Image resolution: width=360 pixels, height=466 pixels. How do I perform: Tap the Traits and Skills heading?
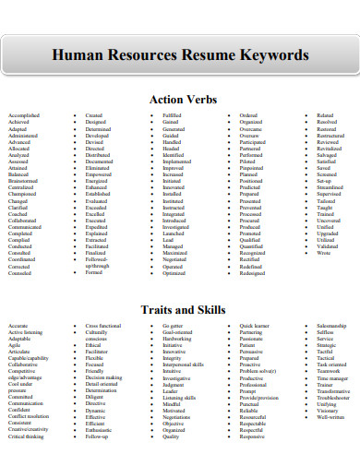point(181,310)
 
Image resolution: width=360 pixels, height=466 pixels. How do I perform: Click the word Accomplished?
point(24,115)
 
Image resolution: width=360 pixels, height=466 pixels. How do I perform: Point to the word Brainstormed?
point(25,181)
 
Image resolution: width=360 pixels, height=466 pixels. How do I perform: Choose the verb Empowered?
point(100,174)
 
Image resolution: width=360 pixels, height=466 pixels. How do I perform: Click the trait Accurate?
point(18,327)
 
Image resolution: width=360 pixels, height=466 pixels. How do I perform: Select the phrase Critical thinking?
point(28,436)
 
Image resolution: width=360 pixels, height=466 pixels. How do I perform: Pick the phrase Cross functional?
point(103,327)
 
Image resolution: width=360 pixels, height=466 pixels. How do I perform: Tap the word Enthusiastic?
point(101,429)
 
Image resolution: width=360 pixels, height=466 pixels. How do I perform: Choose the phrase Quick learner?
point(256,327)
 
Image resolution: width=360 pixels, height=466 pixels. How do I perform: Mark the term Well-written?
point(330,416)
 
